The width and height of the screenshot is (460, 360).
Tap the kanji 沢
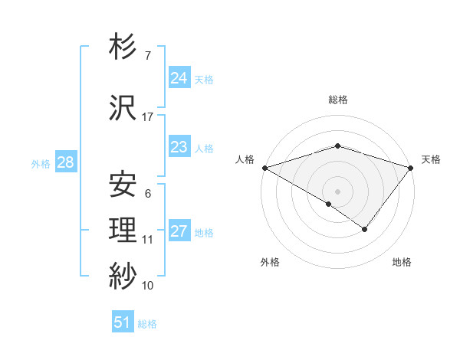tap(123, 108)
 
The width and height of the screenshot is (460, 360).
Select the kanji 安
tap(123, 185)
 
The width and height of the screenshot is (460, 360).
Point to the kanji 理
tap(123, 230)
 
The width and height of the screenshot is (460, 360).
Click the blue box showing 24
tap(179, 78)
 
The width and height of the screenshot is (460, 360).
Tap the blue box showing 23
tap(179, 147)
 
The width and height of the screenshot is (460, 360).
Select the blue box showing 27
tap(179, 231)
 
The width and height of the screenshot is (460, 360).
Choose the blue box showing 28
tap(65, 162)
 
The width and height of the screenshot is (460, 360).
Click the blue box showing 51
tap(123, 322)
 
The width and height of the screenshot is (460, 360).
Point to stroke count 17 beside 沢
tap(148, 117)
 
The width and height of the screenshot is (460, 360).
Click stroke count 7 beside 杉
tap(148, 56)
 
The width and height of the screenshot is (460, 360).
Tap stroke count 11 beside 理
tap(148, 240)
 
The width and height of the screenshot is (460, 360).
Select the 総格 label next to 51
tap(147, 324)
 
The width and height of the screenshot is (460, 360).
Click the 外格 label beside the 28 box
tap(41, 163)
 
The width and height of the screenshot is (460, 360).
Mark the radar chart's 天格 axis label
tap(431, 159)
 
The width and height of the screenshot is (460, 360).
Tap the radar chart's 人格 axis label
tap(245, 159)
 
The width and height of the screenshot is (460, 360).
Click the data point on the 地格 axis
tap(365, 228)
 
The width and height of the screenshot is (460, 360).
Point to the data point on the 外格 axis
tap(328, 204)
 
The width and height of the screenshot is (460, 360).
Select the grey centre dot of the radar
tap(337, 191)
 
